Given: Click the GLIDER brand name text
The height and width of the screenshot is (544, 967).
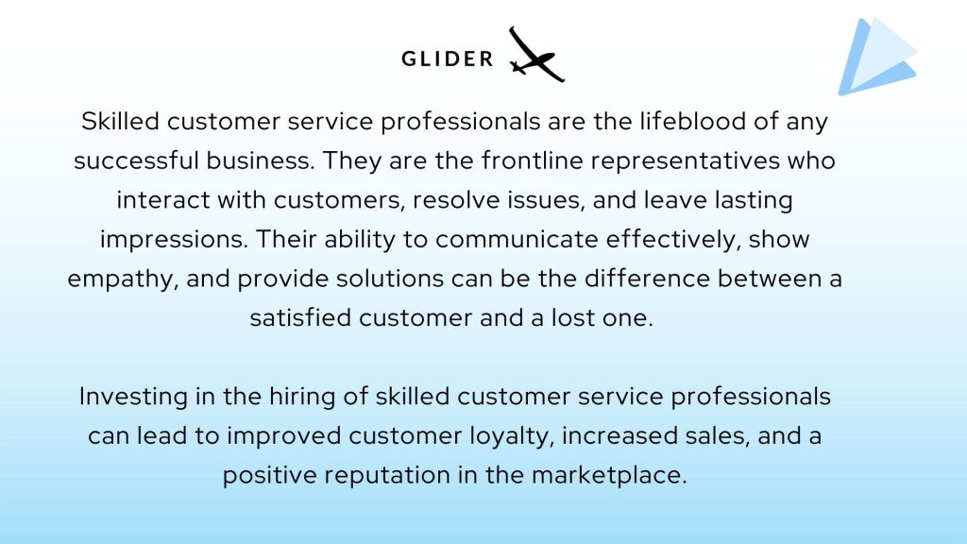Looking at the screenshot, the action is click(447, 59).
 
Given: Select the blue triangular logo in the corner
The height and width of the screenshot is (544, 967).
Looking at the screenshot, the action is click(877, 56).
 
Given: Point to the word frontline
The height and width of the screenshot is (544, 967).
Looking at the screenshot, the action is click(533, 161).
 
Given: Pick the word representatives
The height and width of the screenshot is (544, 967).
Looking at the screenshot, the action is click(685, 161).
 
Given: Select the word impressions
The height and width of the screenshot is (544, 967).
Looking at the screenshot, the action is click(174, 240).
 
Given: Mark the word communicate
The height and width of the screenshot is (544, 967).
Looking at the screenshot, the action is click(517, 239).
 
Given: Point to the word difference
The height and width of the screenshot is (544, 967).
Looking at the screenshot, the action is click(647, 279).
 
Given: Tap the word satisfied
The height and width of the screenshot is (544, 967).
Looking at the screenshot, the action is click(300, 317).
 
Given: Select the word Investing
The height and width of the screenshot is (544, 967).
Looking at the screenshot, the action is click(133, 397).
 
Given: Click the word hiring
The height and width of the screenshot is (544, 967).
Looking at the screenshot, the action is click(302, 397).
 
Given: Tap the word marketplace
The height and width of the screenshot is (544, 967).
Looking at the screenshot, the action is click(609, 476).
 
